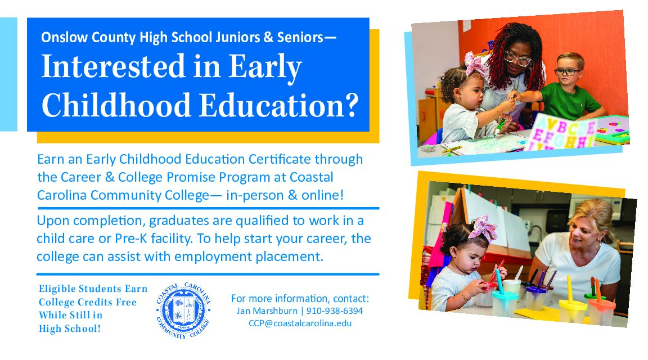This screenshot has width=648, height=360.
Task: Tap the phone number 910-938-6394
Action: pyautogui.click(x=334, y=311)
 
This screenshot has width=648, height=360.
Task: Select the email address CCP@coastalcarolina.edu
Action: pyautogui.click(x=300, y=323)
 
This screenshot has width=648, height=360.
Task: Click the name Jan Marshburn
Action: pyautogui.click(x=267, y=311)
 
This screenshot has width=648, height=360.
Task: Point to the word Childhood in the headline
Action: pyautogui.click(x=116, y=105)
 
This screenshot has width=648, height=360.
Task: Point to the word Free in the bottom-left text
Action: pyautogui.click(x=126, y=302)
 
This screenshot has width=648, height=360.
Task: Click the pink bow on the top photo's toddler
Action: pyautogui.click(x=475, y=64)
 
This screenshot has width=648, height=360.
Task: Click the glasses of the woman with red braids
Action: pyautogui.click(x=518, y=58)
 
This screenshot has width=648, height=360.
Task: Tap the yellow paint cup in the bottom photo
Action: pyautogui.click(x=573, y=309)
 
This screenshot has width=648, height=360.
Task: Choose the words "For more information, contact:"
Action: pyautogui.click(x=300, y=299)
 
